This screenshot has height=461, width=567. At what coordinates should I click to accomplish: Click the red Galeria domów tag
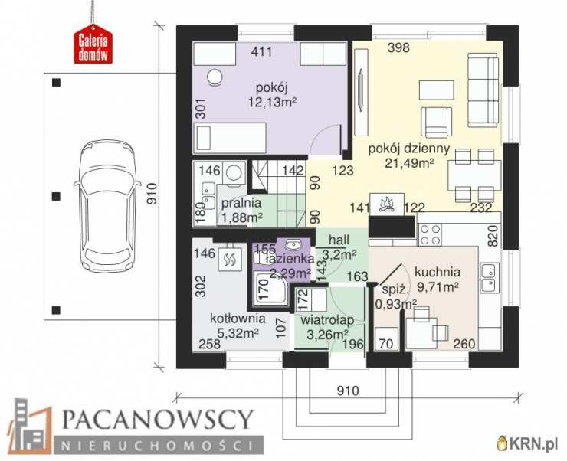[93, 45]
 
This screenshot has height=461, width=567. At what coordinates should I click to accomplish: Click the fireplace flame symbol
[386, 204]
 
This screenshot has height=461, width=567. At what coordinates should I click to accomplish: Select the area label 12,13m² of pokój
[272, 103]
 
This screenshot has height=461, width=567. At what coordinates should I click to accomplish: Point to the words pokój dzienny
[408, 149]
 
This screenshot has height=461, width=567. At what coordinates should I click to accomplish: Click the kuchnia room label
[438, 272]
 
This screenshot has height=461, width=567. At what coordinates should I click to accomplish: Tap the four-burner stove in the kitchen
[430, 235]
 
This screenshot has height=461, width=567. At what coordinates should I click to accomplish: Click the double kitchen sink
[490, 278]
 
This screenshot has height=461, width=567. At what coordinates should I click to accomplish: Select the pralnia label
[241, 203]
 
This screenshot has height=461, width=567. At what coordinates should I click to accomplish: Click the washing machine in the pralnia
[234, 172]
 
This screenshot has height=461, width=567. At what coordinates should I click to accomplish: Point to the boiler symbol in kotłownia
[229, 259]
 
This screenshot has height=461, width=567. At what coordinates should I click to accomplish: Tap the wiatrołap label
[327, 320]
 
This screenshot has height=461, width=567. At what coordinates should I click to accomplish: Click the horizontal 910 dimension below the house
[348, 391]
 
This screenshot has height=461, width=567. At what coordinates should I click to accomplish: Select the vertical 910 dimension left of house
[152, 194]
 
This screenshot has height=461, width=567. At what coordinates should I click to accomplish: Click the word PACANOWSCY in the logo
[157, 420]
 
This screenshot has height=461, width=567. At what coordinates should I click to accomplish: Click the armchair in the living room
[436, 122]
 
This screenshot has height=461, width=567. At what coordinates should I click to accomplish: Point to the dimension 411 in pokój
[261, 51]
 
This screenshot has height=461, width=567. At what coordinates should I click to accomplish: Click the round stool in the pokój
[215, 77]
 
